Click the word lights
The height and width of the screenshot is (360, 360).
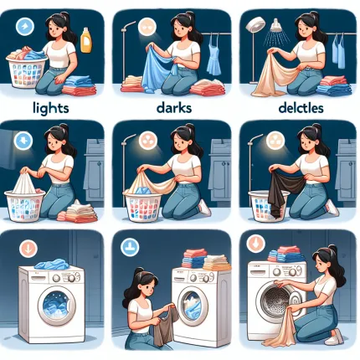coord(50,108)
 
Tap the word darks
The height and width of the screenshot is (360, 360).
coord(174,107)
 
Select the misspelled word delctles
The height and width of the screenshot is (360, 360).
coord(301,107)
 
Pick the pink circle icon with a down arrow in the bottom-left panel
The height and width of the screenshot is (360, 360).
coord(28,249)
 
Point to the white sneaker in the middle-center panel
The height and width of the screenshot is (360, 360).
coord(204,208)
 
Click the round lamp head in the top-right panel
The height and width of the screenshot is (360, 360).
coord(255,24)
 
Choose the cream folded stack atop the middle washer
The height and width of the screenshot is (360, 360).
coord(217,263)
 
